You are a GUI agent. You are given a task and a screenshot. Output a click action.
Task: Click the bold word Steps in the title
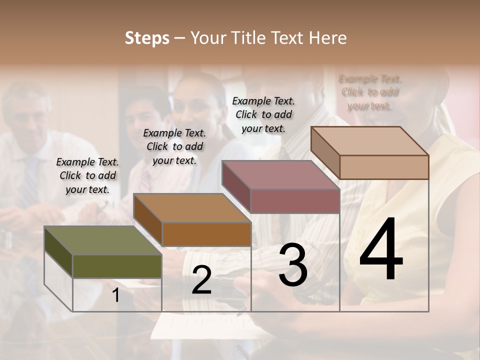tap(147, 38)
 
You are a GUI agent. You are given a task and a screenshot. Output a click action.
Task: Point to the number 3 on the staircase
tap(293, 265)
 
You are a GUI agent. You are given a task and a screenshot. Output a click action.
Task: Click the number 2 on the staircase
tap(201, 280)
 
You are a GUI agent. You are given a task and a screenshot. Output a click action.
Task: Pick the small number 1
tap(116, 295)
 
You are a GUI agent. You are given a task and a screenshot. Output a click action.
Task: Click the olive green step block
tap(117, 266)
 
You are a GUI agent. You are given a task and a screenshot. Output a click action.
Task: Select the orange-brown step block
tap(206, 233)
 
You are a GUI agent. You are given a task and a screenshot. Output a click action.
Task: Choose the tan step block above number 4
tap(384, 166)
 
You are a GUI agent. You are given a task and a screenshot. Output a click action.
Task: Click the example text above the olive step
tap(87, 175)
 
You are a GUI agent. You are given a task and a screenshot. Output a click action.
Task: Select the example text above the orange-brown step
tap(174, 146)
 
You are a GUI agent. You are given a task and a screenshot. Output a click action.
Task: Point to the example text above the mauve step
tap(263, 114)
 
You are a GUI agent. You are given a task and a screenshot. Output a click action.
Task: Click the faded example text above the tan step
tap(370, 92)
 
